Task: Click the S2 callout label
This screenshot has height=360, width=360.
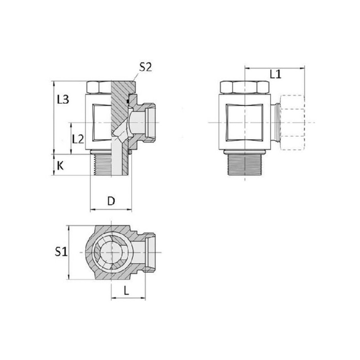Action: pyautogui.click(x=145, y=67)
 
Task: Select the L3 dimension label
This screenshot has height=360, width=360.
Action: pyautogui.click(x=63, y=99)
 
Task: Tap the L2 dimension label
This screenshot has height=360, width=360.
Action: pyautogui.click(x=78, y=139)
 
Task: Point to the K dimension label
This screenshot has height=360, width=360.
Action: pyautogui.click(x=60, y=166)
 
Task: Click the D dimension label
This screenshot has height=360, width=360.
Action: pyautogui.click(x=111, y=201)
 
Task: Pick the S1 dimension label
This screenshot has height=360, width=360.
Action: pyautogui.click(x=61, y=252)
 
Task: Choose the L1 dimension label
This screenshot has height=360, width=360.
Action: pyautogui.click(x=275, y=74)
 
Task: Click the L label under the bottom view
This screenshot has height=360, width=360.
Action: pyautogui.click(x=126, y=291)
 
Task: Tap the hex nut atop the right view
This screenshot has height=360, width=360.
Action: pyautogui.click(x=244, y=87)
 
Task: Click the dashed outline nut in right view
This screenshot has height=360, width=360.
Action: pyautogui.click(x=293, y=122)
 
